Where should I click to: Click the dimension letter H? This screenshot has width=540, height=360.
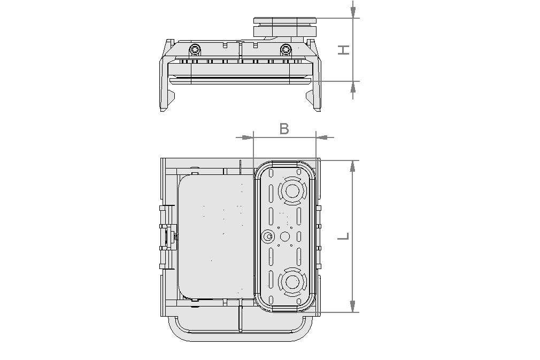(x=344, y=50)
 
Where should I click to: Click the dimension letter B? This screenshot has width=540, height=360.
(x=284, y=128)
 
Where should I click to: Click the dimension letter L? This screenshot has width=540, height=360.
(x=344, y=236)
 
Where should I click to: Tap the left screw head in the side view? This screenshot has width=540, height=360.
(x=195, y=50)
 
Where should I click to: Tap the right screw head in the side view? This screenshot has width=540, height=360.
(x=287, y=50)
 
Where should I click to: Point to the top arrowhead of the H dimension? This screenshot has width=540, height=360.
(x=352, y=11)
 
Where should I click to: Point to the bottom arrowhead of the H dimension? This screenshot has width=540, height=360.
(x=352, y=88)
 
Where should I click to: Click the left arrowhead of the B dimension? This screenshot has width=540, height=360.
(x=246, y=137)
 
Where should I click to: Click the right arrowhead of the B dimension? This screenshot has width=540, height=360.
(x=322, y=137)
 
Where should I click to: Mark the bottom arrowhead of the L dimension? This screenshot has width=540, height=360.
(x=352, y=305)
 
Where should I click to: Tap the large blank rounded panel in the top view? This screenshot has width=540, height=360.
(x=214, y=235)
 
